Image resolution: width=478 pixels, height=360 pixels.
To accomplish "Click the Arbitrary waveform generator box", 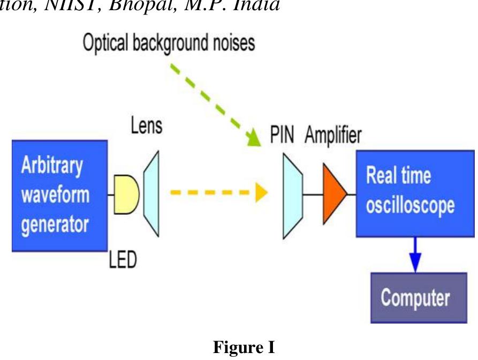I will pyautogui.click(x=59, y=196).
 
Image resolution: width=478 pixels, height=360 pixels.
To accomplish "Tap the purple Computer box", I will pyautogui.click(x=415, y=298).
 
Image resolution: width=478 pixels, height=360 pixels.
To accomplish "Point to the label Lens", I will pyautogui.click(x=146, y=127).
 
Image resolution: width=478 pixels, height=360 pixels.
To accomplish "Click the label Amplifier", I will pyautogui.click(x=333, y=136).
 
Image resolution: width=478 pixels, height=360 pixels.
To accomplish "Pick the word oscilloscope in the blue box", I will pyautogui.click(x=410, y=206).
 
